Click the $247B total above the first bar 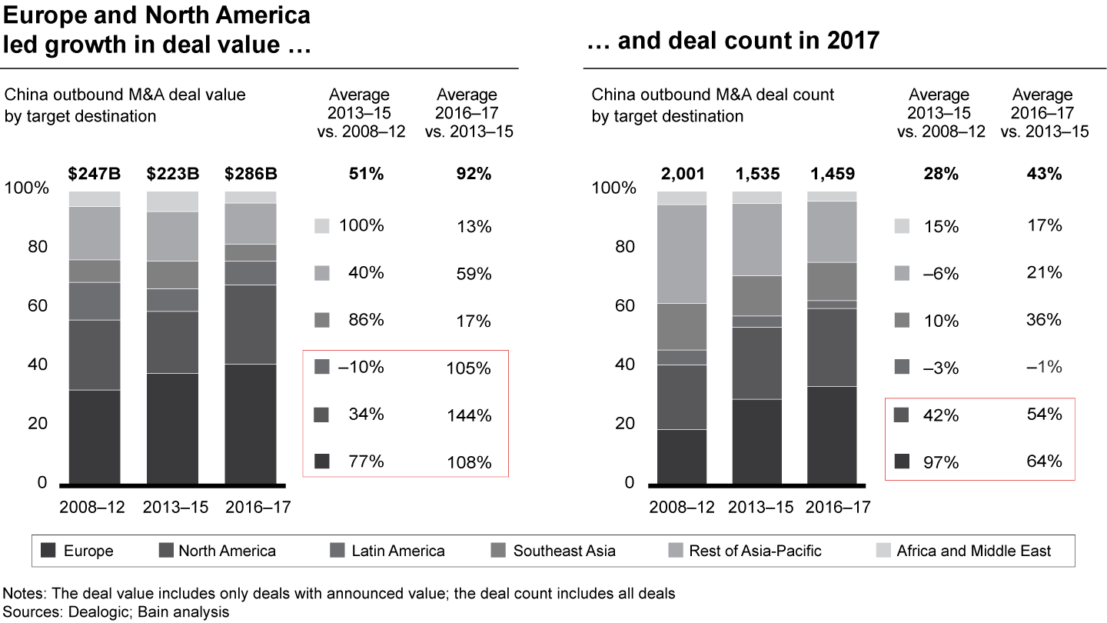click(x=95, y=174)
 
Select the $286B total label click(x=251, y=174)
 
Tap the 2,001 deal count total click(x=682, y=174)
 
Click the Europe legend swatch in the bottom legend click(x=48, y=551)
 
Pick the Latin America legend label click(x=397, y=551)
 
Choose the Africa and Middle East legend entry click(x=973, y=551)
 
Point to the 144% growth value click(x=468, y=416)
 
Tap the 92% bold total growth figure click(x=468, y=174)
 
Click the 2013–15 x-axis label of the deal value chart click(x=173, y=507)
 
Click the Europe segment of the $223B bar click(x=173, y=428)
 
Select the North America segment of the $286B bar click(x=251, y=325)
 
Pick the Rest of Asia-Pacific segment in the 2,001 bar click(x=682, y=254)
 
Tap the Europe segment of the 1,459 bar click(x=832, y=435)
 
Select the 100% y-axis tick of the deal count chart click(x=617, y=188)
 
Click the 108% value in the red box click(x=468, y=463)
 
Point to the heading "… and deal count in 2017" click(x=732, y=41)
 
